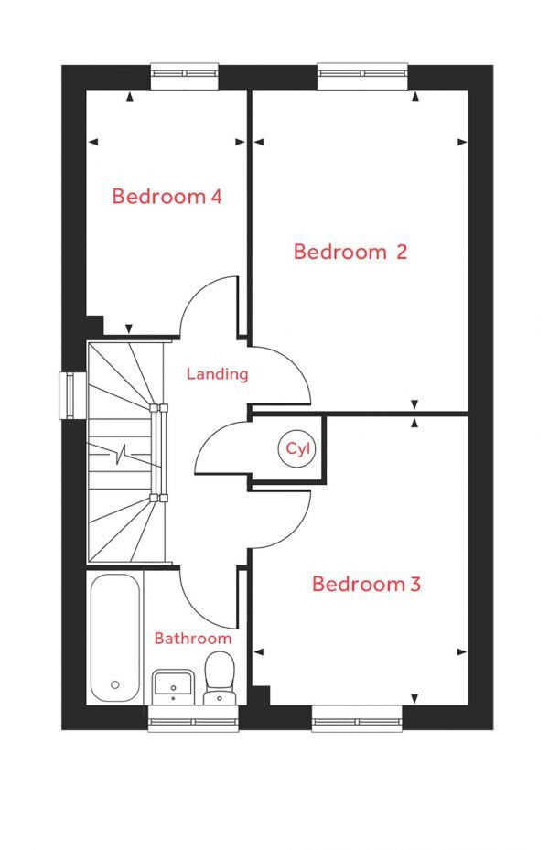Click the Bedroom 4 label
pos(167,196)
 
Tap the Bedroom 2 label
pos(350,252)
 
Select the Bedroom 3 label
pos(366,584)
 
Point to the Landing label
pos(217,373)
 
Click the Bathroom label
pos(192,638)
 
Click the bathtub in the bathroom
pos(115,636)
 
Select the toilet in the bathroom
pos(219,677)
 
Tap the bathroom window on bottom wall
pos(194,718)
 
